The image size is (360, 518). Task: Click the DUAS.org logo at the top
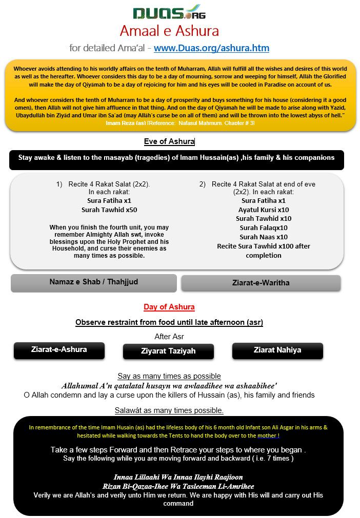coord(169,12)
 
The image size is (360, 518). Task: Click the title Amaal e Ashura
coord(169,31)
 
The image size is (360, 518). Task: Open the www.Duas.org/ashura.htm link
coord(211,48)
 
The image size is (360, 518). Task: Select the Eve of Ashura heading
coord(169,141)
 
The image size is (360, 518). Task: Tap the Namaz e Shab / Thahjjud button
coord(93,282)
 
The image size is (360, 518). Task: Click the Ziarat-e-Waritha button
coord(261,283)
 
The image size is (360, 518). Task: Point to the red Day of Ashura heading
coord(169,307)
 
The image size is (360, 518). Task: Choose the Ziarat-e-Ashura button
coord(59,350)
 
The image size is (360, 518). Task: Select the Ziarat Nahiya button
coord(277,350)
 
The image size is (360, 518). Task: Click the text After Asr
coord(169,337)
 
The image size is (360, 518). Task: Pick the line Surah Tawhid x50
coord(109,210)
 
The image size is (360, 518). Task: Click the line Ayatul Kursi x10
coord(264,210)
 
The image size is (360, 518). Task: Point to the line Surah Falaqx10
coord(264,228)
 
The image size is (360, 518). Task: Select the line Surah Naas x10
coord(264,237)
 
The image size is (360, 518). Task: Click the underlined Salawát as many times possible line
coord(169,410)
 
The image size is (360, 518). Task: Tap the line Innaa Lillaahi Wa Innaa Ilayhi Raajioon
coord(178,477)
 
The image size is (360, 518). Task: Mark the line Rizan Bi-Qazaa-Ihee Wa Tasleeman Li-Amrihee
coord(178,486)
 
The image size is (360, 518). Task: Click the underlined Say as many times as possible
coord(169,376)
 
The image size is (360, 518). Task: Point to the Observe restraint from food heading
coord(169,322)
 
